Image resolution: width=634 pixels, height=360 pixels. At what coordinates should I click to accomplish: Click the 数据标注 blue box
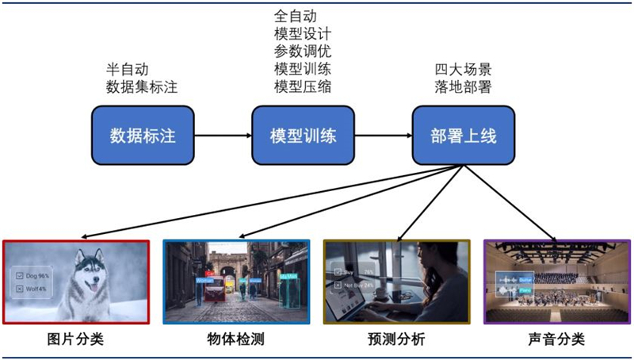click(143, 136)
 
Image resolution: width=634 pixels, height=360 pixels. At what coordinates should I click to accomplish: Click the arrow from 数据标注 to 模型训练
click(223, 136)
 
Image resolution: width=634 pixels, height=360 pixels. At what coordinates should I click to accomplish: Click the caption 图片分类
click(75, 340)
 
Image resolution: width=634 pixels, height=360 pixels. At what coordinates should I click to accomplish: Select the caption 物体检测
click(235, 340)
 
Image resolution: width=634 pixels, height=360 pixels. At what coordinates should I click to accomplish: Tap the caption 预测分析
click(396, 340)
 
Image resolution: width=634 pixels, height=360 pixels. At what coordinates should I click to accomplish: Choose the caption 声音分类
click(556, 340)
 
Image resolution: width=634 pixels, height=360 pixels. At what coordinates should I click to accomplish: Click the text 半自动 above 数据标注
click(128, 70)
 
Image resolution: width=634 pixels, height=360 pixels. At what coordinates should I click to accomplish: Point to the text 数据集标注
click(143, 87)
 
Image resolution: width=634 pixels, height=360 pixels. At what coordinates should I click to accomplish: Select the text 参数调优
click(303, 52)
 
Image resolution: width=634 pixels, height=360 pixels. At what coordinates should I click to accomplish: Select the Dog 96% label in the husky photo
click(35, 274)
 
